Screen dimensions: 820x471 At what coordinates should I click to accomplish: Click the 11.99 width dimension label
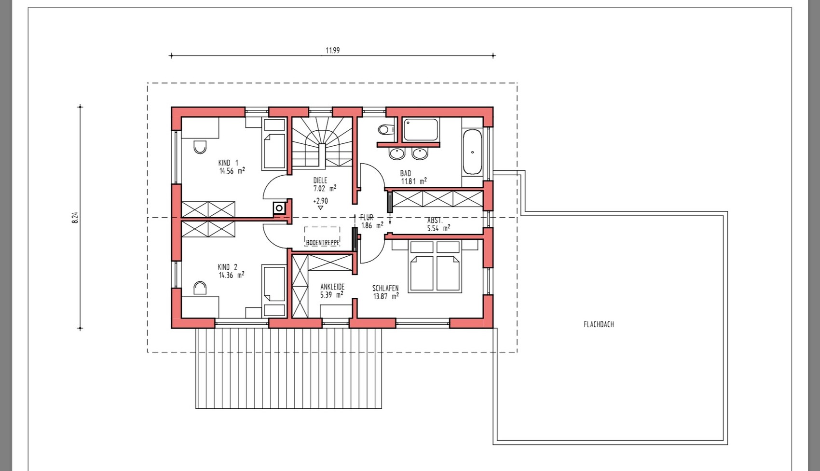click(x=332, y=50)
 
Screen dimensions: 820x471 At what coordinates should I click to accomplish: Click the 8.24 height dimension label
click(x=75, y=218)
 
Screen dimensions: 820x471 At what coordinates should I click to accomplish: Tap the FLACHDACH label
click(x=599, y=324)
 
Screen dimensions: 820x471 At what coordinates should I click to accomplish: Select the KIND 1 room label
click(x=228, y=163)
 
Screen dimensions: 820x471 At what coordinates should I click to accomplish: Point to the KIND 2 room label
click(x=227, y=267)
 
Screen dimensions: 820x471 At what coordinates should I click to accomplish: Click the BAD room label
click(x=406, y=173)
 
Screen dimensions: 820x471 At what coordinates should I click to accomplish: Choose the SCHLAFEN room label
click(x=385, y=288)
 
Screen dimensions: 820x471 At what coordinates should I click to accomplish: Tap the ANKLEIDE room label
click(x=332, y=286)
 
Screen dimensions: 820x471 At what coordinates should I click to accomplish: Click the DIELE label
click(x=320, y=180)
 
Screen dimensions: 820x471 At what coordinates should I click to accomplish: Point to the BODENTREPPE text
click(x=323, y=242)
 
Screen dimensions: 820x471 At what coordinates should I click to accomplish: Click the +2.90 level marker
click(x=321, y=201)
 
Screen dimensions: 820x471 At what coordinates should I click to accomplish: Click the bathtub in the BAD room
click(x=472, y=152)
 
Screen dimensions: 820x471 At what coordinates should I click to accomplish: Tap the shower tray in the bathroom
click(x=420, y=129)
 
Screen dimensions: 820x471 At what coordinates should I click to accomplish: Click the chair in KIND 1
click(x=200, y=147)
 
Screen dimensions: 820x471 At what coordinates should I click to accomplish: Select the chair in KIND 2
click(x=200, y=288)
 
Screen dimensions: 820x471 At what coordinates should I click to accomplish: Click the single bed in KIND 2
click(x=274, y=291)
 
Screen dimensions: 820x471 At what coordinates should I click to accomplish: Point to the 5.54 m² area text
click(x=438, y=228)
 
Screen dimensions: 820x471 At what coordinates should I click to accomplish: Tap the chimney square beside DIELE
click(x=279, y=208)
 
